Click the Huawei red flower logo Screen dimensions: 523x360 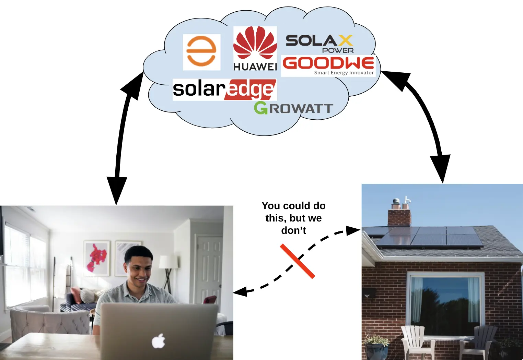(255, 44)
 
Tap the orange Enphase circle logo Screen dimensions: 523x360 (201, 51)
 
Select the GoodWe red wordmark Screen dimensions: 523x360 (328, 63)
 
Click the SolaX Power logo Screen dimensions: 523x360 (319, 44)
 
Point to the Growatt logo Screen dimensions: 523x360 (293, 108)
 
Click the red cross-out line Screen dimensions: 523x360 (298, 261)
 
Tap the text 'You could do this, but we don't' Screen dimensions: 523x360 (293, 218)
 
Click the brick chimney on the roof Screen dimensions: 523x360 (399, 217)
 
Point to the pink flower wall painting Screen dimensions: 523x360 (96, 259)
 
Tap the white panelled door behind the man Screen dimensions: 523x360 (209, 268)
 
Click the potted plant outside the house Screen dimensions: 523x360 (376, 347)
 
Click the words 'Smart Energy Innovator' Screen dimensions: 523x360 (344, 73)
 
